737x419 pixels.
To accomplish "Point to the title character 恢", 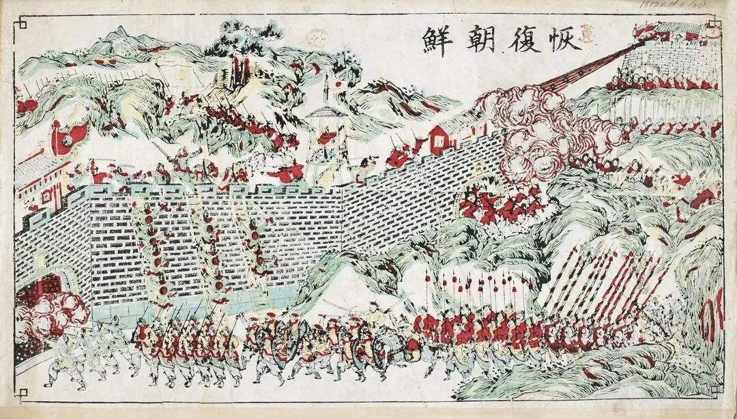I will click(566, 40).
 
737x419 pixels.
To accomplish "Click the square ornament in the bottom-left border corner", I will click(21, 395).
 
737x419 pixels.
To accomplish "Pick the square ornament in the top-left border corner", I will click(21, 23).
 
